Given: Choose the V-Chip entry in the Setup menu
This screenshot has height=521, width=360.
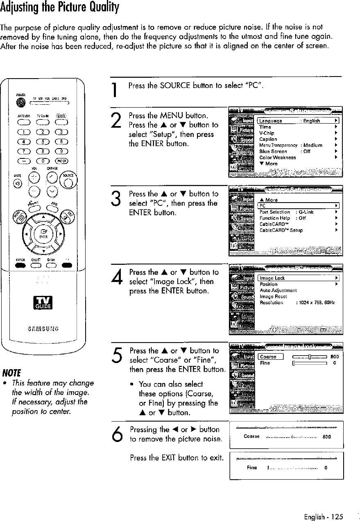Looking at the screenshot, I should point(267,133).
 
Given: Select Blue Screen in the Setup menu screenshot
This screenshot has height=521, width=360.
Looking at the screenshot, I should point(273,151).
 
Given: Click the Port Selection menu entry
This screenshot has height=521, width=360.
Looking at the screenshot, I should point(274,212).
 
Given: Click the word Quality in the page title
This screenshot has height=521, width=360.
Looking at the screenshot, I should point(96,7).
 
